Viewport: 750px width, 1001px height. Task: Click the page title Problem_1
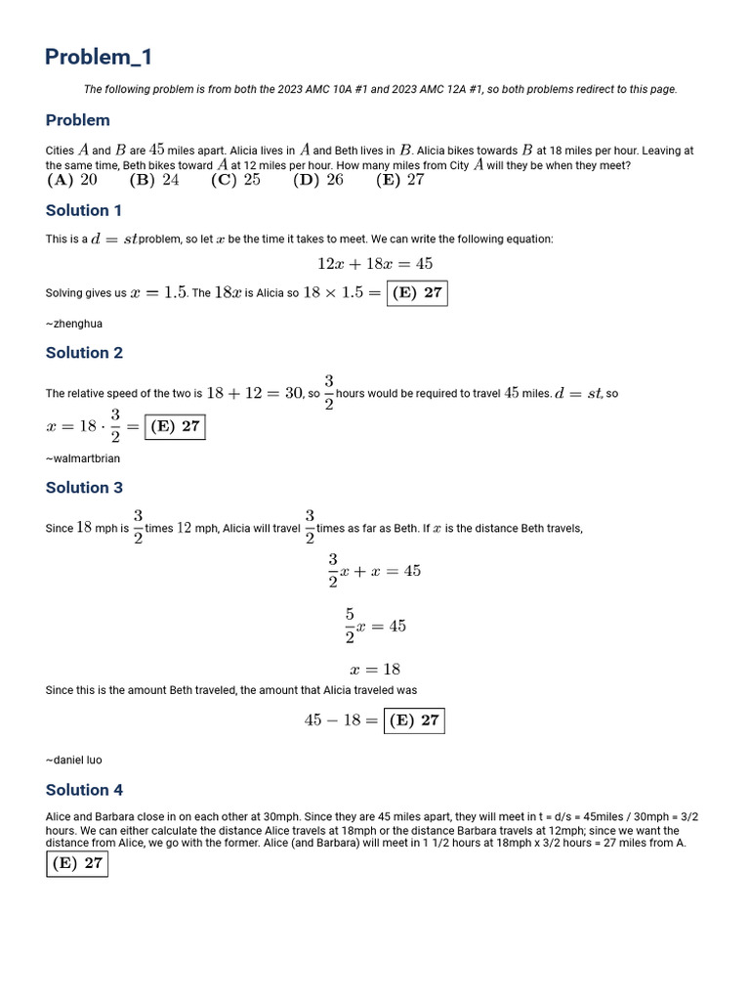click(x=99, y=58)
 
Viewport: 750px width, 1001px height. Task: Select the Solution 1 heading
click(x=84, y=210)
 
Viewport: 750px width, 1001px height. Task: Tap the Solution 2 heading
click(x=84, y=353)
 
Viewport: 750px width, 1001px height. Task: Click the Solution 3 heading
click(x=84, y=488)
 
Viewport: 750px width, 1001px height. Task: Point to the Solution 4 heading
click(x=84, y=790)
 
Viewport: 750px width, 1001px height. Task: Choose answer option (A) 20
click(x=72, y=180)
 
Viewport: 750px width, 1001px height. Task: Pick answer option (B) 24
click(x=154, y=180)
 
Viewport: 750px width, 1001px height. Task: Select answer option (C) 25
click(x=235, y=180)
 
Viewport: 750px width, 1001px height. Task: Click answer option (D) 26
click(x=318, y=180)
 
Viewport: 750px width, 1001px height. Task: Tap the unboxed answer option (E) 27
click(x=400, y=180)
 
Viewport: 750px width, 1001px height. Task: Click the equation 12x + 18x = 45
click(x=375, y=264)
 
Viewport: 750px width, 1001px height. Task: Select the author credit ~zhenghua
click(x=74, y=324)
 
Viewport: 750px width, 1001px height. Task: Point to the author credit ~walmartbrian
click(x=83, y=458)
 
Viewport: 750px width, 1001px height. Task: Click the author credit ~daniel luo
click(x=74, y=760)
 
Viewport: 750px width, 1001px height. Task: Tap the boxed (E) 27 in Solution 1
click(x=417, y=293)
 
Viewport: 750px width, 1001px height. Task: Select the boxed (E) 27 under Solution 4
click(x=77, y=863)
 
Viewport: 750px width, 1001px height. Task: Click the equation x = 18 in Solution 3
click(x=375, y=670)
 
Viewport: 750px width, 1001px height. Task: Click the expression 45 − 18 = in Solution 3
click(x=341, y=720)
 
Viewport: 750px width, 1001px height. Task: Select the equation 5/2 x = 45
click(x=375, y=626)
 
